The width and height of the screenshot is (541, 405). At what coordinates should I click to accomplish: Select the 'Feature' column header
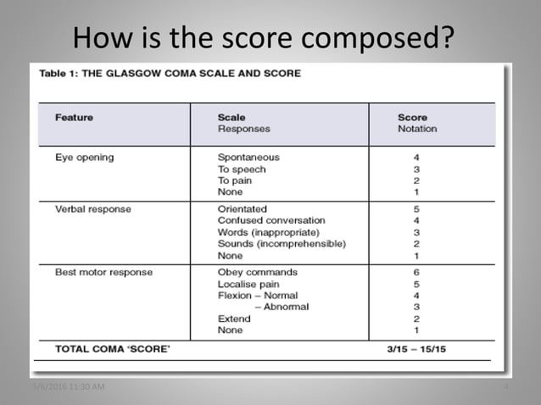tap(74, 117)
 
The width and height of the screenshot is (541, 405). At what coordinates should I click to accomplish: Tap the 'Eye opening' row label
tap(84, 157)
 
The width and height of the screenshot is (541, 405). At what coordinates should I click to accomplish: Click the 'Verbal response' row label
tap(92, 208)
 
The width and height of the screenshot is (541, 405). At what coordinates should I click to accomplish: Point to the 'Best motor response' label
tap(104, 272)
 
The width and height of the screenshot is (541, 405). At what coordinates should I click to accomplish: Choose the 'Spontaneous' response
tap(248, 157)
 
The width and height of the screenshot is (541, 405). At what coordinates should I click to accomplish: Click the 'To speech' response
tap(242, 169)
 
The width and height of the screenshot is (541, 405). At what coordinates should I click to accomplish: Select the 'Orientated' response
tap(242, 208)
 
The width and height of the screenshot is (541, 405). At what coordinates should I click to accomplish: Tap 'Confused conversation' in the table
tap(270, 220)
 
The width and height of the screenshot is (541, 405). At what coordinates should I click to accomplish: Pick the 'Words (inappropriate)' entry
tap(268, 232)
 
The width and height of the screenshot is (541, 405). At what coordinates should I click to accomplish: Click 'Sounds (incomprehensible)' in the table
tap(282, 244)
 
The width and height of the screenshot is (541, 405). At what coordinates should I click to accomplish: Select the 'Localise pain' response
tap(248, 284)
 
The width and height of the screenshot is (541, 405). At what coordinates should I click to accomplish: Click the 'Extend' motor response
tap(234, 319)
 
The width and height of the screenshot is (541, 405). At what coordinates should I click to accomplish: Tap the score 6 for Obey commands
tap(416, 272)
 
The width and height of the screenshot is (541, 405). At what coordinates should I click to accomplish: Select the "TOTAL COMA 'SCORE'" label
tap(105, 347)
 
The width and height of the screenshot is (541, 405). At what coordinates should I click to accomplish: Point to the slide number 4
tap(505, 388)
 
